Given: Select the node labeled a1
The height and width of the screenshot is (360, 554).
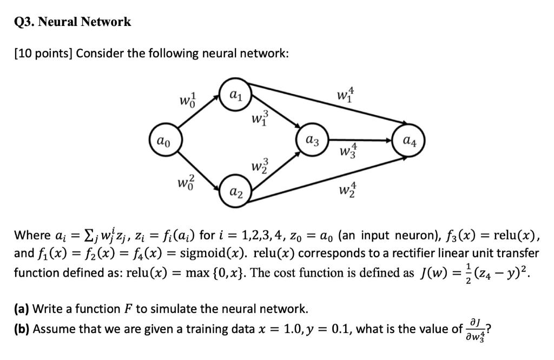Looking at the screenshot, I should click(234, 96).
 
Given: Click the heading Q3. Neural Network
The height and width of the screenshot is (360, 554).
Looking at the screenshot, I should click(72, 22).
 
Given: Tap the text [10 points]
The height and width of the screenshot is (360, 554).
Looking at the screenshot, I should click(43, 54).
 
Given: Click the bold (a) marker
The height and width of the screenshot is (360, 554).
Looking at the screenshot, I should click(22, 309).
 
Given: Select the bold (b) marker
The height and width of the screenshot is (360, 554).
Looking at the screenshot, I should click(22, 329).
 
